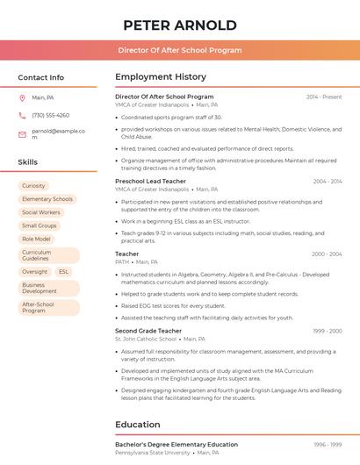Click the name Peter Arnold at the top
(180, 25)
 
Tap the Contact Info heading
(41, 77)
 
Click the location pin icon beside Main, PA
(22, 97)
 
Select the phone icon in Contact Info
(22, 115)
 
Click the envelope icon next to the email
(22, 134)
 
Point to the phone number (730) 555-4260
(50, 115)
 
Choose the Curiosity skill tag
(33, 186)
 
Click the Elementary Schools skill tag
(47, 199)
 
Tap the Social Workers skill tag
(41, 212)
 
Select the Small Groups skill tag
(40, 225)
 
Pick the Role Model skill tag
(36, 239)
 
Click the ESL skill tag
(63, 272)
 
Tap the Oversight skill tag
(35, 272)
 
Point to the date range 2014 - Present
(324, 97)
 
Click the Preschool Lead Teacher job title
(150, 181)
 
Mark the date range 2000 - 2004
(327, 254)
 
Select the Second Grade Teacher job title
(148, 331)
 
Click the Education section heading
(138, 425)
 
